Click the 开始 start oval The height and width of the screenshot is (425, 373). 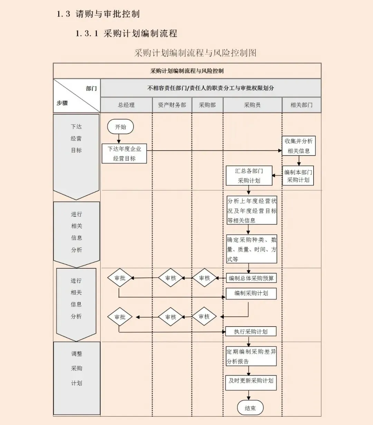pyautogui.click(x=120, y=127)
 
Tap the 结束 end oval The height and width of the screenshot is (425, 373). pyautogui.click(x=250, y=408)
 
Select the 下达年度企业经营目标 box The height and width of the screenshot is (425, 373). pyautogui.click(x=124, y=154)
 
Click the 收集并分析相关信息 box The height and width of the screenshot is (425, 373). pyautogui.click(x=298, y=146)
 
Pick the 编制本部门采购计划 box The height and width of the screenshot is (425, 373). pyautogui.click(x=298, y=176)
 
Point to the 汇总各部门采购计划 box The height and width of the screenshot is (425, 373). pyautogui.click(x=249, y=176)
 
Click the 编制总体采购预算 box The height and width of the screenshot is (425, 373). pyautogui.click(x=251, y=278)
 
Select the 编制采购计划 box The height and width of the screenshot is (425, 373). pyautogui.click(x=251, y=293)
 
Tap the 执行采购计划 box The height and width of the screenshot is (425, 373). pyautogui.click(x=251, y=332)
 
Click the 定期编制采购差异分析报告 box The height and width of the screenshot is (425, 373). pyautogui.click(x=251, y=357)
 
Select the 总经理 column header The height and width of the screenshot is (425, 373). pyautogui.click(x=126, y=105)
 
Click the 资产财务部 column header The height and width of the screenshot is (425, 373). pyautogui.click(x=172, y=105)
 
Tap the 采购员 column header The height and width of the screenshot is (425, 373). pyautogui.click(x=252, y=105)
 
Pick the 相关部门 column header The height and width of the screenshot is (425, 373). pyautogui.click(x=302, y=105)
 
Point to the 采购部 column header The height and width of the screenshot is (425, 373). pyautogui.click(x=207, y=105)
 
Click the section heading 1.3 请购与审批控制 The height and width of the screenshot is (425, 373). pyautogui.click(x=98, y=14)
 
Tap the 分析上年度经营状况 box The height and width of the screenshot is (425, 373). pyautogui.click(x=252, y=211)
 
